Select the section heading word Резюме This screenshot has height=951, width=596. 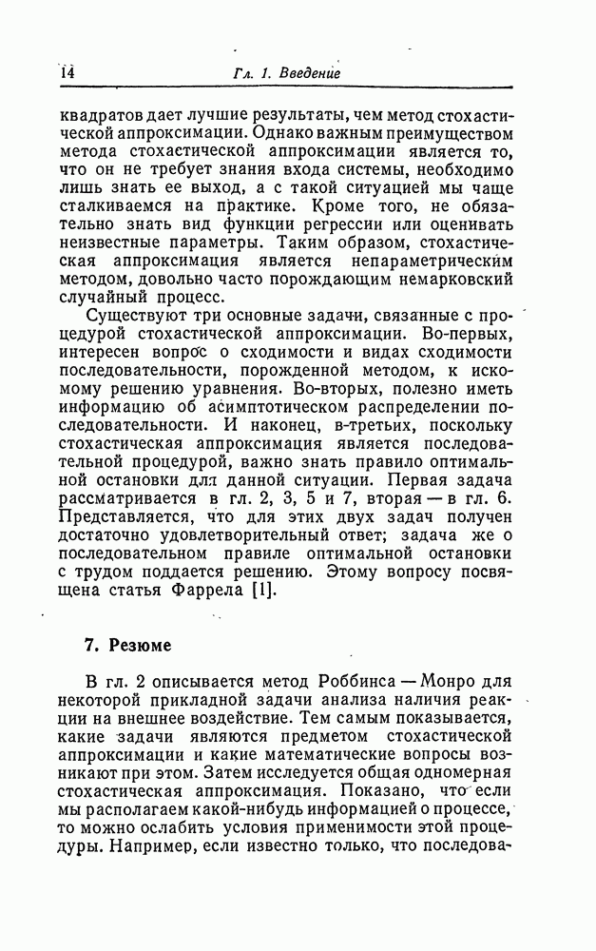141,646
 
